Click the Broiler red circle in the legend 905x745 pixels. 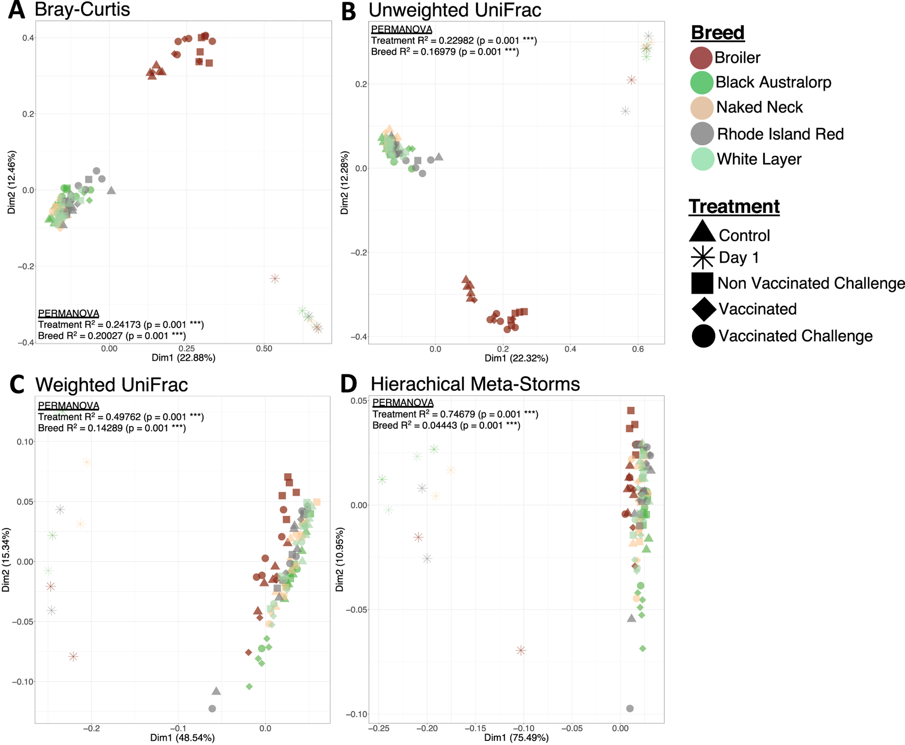[x=701, y=58]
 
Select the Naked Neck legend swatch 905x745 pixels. [x=702, y=107]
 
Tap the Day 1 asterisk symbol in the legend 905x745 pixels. [x=702, y=258]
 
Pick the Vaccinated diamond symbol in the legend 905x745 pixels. [x=703, y=309]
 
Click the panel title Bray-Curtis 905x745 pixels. [x=82, y=9]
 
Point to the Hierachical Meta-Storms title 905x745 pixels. [x=475, y=384]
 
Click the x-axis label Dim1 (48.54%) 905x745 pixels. [x=182, y=738]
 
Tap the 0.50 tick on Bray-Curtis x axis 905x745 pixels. [x=264, y=349]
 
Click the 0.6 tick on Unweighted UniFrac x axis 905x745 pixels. [x=638, y=349]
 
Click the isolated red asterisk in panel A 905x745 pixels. [x=275, y=278]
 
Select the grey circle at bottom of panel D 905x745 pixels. [x=630, y=708]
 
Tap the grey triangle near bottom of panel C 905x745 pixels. [x=216, y=691]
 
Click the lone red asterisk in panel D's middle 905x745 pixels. [x=520, y=650]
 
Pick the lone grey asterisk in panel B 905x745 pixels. [x=625, y=111]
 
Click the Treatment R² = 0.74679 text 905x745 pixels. [x=455, y=414]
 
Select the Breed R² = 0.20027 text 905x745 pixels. [x=111, y=336]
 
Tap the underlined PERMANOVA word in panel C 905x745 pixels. [x=68, y=406]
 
